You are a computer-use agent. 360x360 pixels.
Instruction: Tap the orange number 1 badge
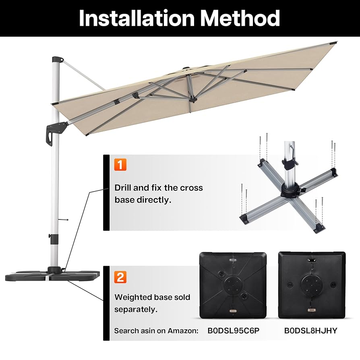pyautogui.click(x=120, y=164)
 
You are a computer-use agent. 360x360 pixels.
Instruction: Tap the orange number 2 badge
pyautogui.click(x=120, y=277)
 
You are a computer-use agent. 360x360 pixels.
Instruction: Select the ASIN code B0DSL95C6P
pyautogui.click(x=233, y=331)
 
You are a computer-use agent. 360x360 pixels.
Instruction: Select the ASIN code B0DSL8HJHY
pyautogui.click(x=310, y=331)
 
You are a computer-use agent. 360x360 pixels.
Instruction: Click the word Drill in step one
pyautogui.click(x=124, y=188)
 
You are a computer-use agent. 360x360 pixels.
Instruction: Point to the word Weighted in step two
pyautogui.click(x=133, y=298)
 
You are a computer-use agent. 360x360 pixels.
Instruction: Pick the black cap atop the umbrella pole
pyautogui.click(x=57, y=59)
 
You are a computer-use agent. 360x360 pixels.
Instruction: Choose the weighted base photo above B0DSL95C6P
pyautogui.click(x=233, y=284)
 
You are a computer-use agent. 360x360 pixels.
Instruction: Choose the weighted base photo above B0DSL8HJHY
pyautogui.click(x=311, y=284)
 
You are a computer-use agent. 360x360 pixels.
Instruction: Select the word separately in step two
pyautogui.click(x=136, y=309)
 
